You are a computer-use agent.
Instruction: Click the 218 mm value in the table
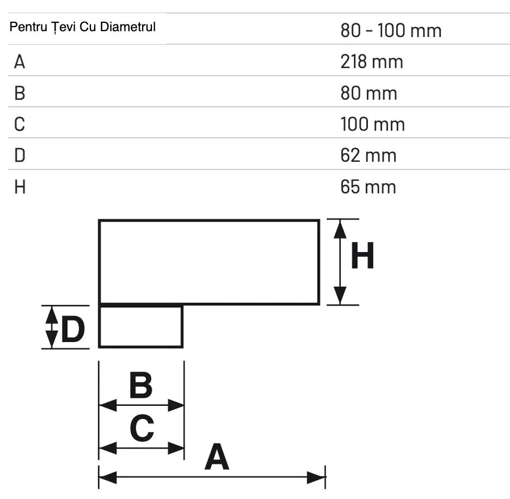coord(372,62)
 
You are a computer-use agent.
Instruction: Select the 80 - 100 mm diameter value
coord(391,31)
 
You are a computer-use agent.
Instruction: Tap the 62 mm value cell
coord(368,156)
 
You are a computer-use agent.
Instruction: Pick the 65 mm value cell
coord(368,187)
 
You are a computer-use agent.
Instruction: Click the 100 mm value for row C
coord(373,124)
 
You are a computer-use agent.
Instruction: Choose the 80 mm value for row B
coord(369,93)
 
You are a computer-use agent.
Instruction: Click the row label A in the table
coord(20,62)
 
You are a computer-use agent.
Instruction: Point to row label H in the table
coord(20,187)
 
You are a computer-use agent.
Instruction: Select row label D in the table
coord(20,156)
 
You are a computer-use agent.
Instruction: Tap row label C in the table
coord(20,125)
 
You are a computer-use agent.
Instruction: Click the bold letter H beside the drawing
coord(362,256)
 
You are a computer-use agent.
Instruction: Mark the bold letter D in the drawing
coord(73,330)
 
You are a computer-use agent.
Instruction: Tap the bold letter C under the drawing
coord(142,428)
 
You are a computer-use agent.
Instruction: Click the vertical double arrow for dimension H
coord(340,262)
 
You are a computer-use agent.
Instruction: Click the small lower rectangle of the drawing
coord(140,326)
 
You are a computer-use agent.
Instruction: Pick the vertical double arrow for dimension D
coord(51,327)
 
